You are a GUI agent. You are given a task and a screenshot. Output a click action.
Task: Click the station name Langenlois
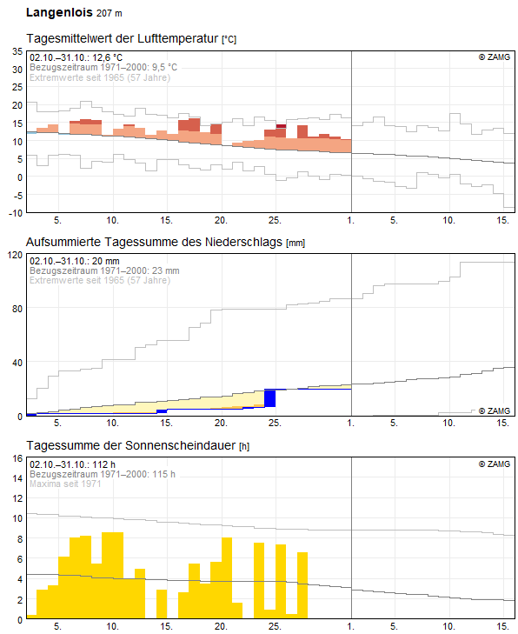(x=59, y=12)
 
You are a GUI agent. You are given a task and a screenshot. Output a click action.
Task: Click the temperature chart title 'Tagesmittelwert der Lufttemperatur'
(x=123, y=39)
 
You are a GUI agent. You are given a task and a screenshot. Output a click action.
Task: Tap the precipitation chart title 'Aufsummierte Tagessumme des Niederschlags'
(x=155, y=242)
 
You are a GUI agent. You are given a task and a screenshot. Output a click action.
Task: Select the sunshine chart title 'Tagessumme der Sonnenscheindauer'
(x=131, y=445)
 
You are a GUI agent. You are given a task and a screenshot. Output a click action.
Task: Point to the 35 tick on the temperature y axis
(x=17, y=51)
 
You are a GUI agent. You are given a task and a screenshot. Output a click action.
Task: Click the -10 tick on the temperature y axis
(x=16, y=213)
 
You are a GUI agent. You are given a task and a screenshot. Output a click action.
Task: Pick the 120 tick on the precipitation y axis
(x=16, y=255)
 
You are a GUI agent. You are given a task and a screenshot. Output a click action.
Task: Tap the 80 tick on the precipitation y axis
(x=17, y=309)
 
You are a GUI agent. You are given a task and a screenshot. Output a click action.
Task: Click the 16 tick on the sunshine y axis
(x=17, y=458)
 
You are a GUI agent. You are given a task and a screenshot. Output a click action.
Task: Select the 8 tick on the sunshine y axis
(x=19, y=539)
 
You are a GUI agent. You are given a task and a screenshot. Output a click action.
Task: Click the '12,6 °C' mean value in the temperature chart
(x=107, y=57)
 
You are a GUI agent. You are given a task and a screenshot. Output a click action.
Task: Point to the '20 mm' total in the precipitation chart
(x=105, y=261)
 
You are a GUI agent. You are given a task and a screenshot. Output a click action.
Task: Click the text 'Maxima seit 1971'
(x=65, y=484)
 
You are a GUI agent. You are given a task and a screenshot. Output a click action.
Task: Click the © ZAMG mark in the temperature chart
(x=495, y=57)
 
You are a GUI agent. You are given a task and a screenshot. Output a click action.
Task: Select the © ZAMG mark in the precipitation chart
(x=495, y=410)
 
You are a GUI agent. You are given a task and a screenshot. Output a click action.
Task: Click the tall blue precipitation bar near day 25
(x=270, y=398)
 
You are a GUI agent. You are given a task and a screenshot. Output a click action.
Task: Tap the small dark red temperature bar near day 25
(x=281, y=126)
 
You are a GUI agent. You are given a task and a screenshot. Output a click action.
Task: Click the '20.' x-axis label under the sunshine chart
(x=221, y=626)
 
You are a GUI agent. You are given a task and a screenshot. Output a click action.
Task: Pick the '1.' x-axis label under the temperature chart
(x=351, y=220)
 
